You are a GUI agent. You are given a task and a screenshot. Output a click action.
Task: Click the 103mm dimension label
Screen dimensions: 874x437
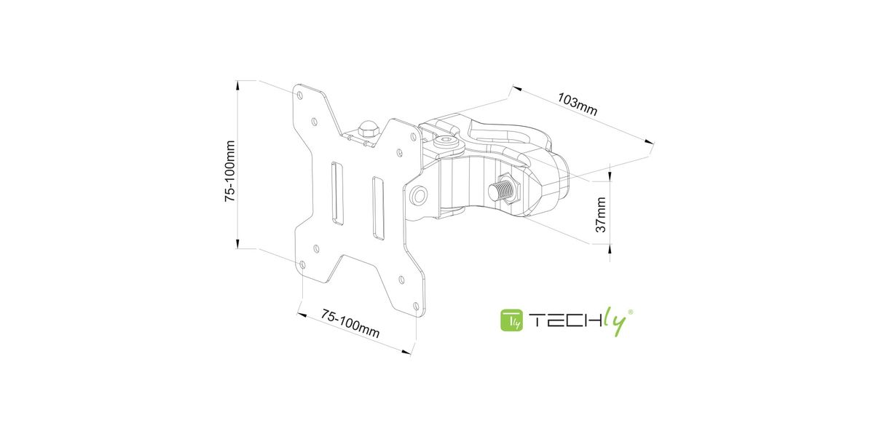pyautogui.click(x=577, y=104)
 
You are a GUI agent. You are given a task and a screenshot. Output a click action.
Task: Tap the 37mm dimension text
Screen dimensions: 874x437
pyautogui.click(x=601, y=215)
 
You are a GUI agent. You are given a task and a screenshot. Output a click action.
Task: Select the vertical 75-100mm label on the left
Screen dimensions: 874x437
pyautogui.click(x=230, y=171)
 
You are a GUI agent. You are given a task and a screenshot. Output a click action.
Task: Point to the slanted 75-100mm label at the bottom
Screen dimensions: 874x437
pyautogui.click(x=350, y=323)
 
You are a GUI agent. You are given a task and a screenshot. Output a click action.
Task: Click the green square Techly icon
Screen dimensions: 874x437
pyautogui.click(x=511, y=320)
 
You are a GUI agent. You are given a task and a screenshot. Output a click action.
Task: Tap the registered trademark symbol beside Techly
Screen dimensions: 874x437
pyautogui.click(x=630, y=312)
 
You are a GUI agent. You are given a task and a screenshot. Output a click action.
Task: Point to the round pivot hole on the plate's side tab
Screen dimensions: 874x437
pyautogui.click(x=420, y=194)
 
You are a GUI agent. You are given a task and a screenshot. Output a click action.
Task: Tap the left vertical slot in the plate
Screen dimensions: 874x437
pyautogui.click(x=337, y=193)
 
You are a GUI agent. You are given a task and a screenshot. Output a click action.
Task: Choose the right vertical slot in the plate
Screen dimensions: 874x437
pyautogui.click(x=378, y=208)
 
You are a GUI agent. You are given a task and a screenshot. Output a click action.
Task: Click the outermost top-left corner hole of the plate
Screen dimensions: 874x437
pyautogui.click(x=299, y=95)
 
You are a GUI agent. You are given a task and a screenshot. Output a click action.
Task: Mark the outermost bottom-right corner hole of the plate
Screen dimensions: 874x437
pyautogui.click(x=416, y=307)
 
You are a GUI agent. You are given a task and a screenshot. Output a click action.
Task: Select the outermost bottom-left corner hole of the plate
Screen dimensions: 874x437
pyautogui.click(x=302, y=265)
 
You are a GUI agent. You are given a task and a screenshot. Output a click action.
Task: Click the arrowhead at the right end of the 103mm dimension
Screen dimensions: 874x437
pyautogui.click(x=648, y=142)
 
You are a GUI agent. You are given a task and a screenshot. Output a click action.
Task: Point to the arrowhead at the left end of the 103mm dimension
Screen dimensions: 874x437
pyautogui.click(x=517, y=89)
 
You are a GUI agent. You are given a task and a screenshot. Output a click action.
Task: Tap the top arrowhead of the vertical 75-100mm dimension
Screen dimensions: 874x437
pyautogui.click(x=237, y=84)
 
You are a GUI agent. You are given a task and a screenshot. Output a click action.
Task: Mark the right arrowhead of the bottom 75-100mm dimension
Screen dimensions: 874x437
pyautogui.click(x=406, y=352)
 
